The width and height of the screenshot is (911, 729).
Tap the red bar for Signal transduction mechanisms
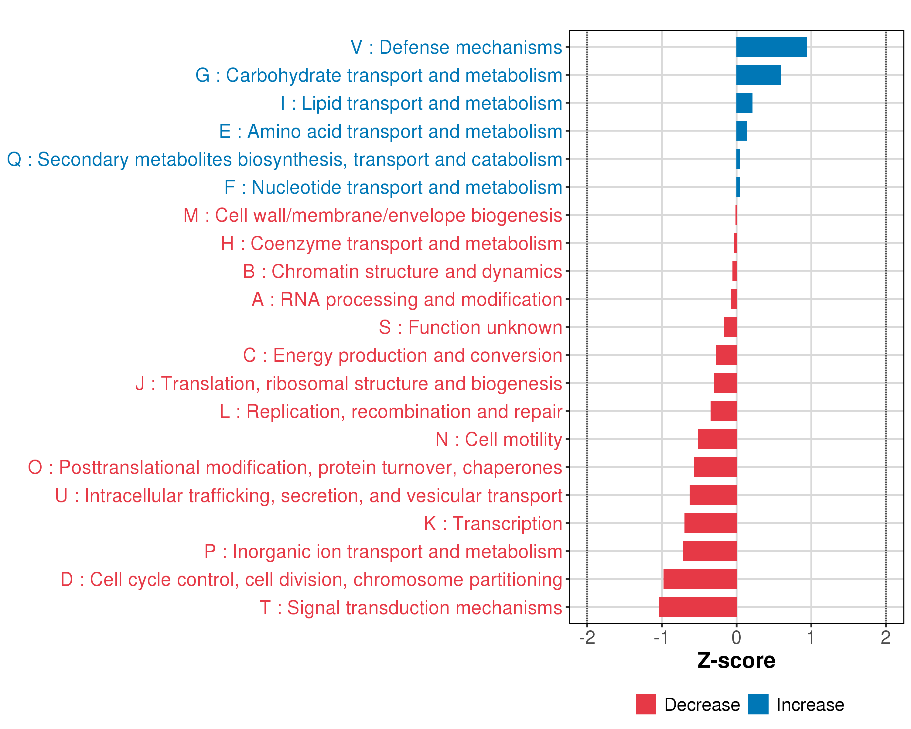[697, 607]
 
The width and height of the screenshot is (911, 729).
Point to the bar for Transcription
[710, 523]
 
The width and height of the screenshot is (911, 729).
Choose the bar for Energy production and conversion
[726, 355]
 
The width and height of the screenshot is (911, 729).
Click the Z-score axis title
[736, 661]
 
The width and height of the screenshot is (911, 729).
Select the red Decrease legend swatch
[646, 704]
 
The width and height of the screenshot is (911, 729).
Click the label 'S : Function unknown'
[470, 327]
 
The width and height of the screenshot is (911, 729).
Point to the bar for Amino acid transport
[742, 131]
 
